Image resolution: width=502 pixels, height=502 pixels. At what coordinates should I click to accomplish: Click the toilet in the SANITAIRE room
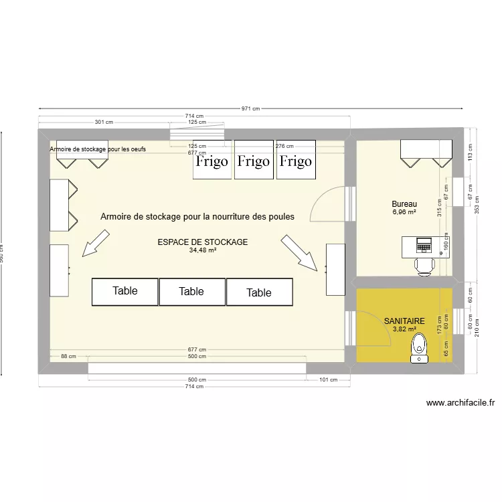419,349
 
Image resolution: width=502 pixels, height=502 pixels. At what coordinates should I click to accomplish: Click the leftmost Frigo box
212,160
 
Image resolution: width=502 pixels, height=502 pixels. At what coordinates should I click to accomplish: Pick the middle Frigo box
254,160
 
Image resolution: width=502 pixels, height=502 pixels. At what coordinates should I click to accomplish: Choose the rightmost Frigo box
295,160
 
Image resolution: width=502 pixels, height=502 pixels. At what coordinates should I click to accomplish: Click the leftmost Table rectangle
124,291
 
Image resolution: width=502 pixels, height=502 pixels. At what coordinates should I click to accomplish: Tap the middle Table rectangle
191,291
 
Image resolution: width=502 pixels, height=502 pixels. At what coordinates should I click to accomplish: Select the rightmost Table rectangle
259,292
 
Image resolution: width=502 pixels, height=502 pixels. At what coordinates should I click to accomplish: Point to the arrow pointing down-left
94,242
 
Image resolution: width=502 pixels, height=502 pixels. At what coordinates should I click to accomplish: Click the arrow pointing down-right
299,252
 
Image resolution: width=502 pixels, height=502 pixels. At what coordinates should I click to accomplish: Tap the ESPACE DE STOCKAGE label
203,242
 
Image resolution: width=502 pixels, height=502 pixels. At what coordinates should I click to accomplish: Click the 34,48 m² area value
203,250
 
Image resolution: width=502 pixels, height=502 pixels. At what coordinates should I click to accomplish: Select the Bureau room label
404,204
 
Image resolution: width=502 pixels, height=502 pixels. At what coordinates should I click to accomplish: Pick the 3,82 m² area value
404,329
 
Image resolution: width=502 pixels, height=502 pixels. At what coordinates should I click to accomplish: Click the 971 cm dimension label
250,108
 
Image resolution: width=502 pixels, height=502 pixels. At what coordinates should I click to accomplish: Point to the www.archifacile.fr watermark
460,403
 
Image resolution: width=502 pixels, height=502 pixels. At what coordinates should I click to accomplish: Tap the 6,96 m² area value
404,212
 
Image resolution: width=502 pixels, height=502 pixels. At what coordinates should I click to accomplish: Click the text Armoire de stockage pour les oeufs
98,149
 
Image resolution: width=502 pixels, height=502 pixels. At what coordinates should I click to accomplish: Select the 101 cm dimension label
328,380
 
